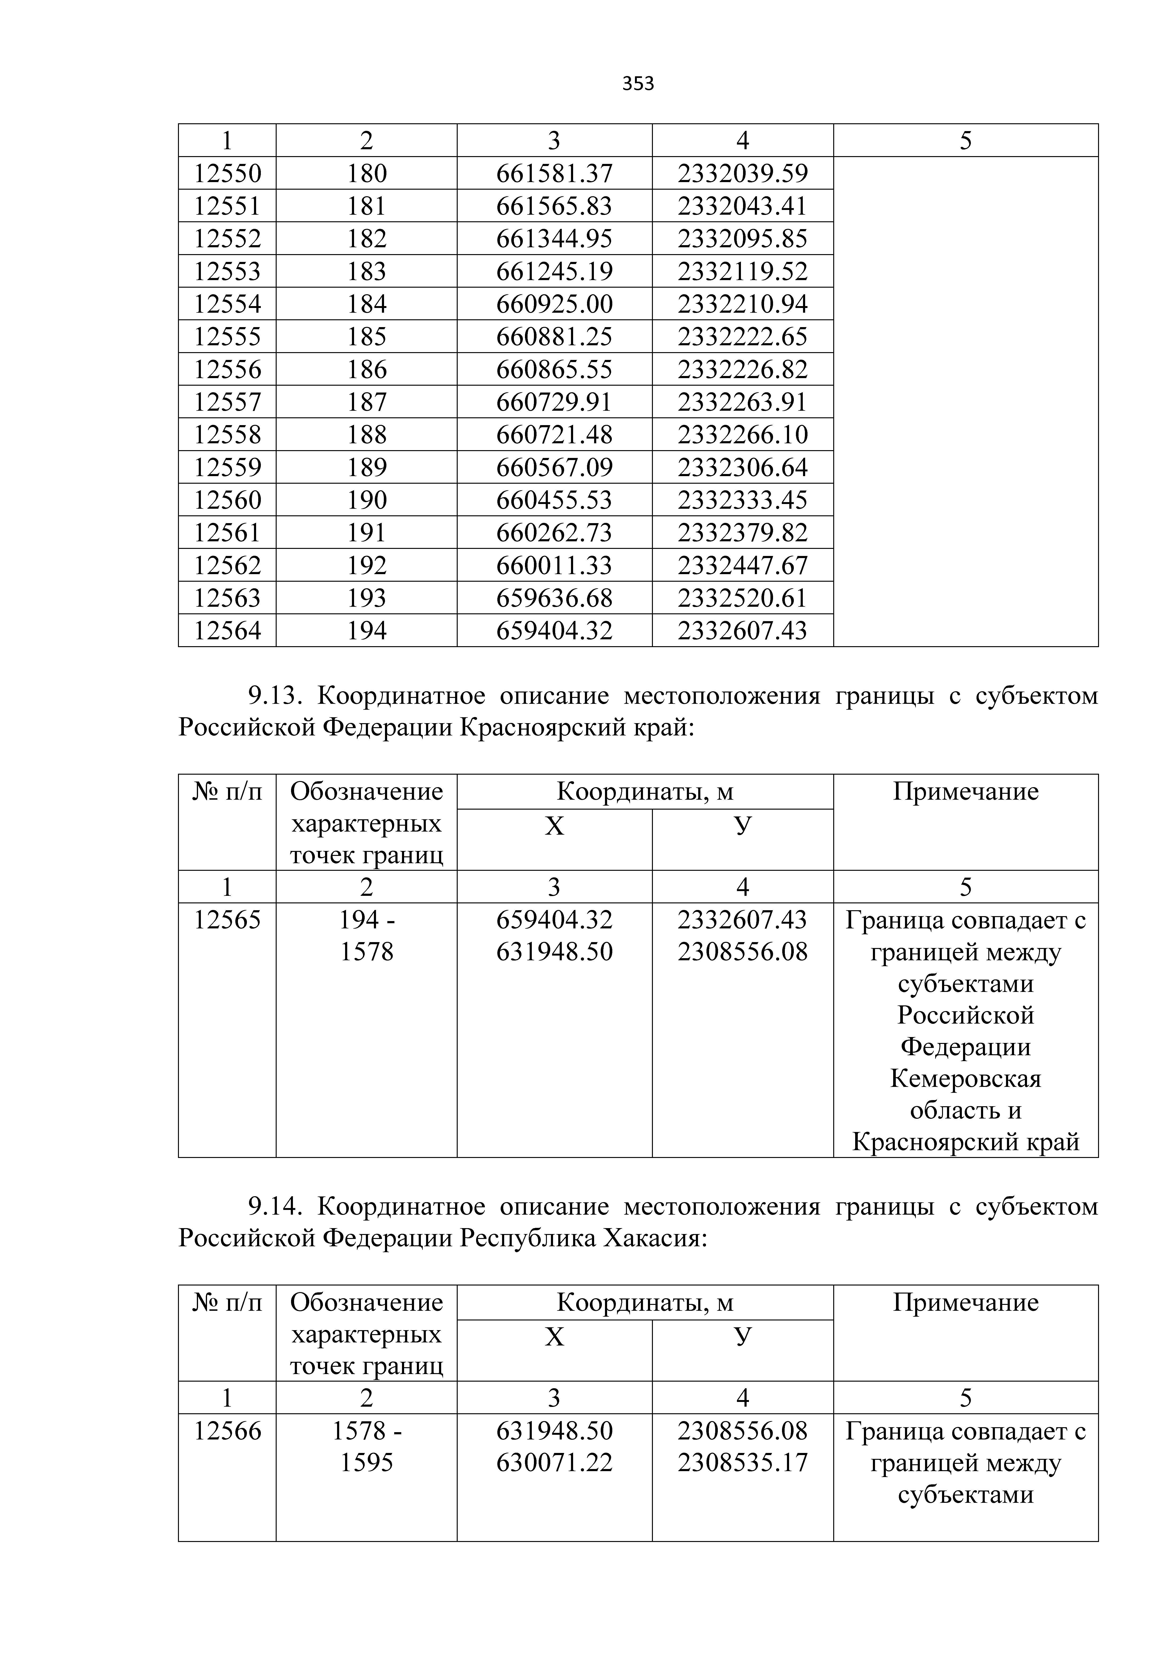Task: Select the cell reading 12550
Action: (x=227, y=173)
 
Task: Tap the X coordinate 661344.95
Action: (x=554, y=239)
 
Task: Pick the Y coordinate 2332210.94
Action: (x=742, y=304)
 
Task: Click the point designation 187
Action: (x=367, y=402)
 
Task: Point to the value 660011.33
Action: (x=554, y=565)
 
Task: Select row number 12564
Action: (x=227, y=631)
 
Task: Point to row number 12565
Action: (x=227, y=920)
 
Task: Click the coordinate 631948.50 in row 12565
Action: (x=554, y=952)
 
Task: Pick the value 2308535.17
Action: (x=742, y=1463)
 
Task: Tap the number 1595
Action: (x=367, y=1463)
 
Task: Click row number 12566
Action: (x=227, y=1431)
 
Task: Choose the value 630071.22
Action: (x=554, y=1463)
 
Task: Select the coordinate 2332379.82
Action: (x=742, y=533)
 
